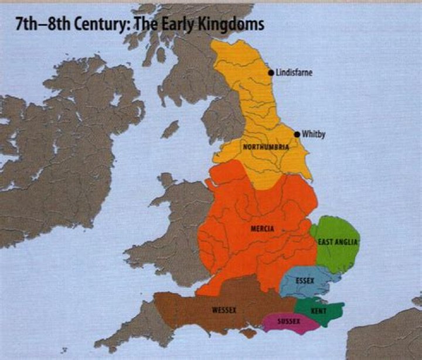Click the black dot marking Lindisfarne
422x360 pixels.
coord(271,73)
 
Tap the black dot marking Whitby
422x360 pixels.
coord(297,134)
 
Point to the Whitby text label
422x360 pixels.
coord(314,134)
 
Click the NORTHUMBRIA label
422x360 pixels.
coord(266,147)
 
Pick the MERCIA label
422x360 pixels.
coord(261,229)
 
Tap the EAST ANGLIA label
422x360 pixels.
coord(338,242)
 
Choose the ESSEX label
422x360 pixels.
coord(305,281)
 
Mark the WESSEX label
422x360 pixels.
coord(222,310)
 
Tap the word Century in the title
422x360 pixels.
coord(103,25)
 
